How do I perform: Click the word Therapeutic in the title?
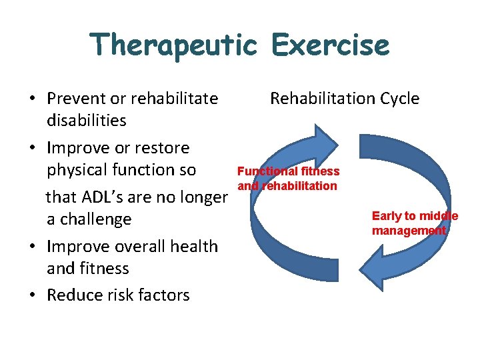173,45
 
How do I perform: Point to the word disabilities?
86,121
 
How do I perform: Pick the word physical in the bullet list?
78,170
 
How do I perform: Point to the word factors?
163,295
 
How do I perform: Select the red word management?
409,231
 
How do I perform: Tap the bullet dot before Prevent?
32,99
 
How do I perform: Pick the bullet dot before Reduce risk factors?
32,296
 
